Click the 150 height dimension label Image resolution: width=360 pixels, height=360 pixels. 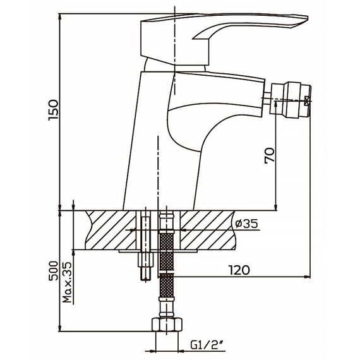pos(53,110)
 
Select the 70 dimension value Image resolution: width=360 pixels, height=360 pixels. pos(269,155)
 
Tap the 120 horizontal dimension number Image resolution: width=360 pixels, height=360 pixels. pos(239,270)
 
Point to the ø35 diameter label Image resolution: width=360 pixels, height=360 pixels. pos(247,224)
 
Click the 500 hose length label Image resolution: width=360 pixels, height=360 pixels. pos(54,271)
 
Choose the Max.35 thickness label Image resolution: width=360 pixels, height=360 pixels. pos(68,282)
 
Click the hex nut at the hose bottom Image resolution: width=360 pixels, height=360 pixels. pos(167,325)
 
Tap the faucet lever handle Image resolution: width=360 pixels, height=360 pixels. pos(224,37)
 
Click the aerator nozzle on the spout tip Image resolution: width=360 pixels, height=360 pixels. pos(291,100)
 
